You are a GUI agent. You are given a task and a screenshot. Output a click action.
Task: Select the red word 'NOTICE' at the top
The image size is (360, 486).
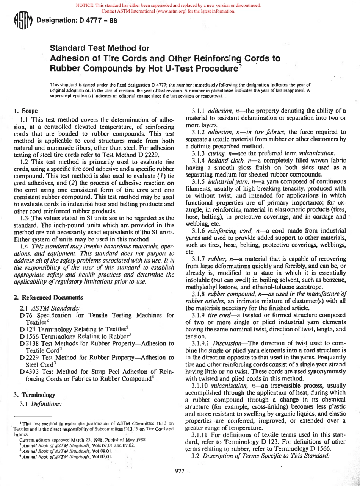(85, 5)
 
